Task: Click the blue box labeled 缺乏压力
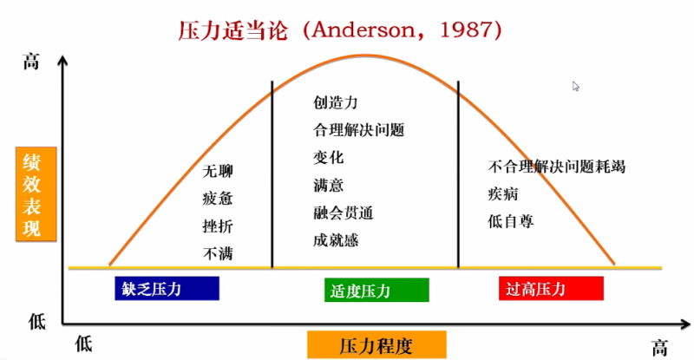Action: pyautogui.click(x=167, y=288)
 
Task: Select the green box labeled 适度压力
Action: pyautogui.click(x=376, y=290)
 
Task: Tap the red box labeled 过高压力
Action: pyautogui.click(x=551, y=288)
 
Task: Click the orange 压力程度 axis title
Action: pyautogui.click(x=376, y=344)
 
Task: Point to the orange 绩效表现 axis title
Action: pyautogui.click(x=36, y=194)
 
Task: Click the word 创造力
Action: pyautogui.click(x=336, y=102)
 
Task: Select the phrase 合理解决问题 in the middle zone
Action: pyautogui.click(x=359, y=130)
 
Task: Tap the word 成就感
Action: pyautogui.click(x=336, y=240)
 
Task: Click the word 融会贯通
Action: pyautogui.click(x=344, y=213)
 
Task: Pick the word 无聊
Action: pyautogui.click(x=218, y=171)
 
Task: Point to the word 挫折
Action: pyautogui.click(x=218, y=226)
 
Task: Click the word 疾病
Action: pyautogui.click(x=503, y=194)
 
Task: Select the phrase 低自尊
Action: pyautogui.click(x=511, y=221)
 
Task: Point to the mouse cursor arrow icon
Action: pyautogui.click(x=575, y=87)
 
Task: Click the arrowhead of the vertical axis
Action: pyautogui.click(x=62, y=61)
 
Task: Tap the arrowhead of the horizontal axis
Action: pyautogui.click(x=685, y=324)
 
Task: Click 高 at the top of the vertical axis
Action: pyautogui.click(x=31, y=62)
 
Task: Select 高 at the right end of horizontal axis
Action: pyautogui.click(x=659, y=348)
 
